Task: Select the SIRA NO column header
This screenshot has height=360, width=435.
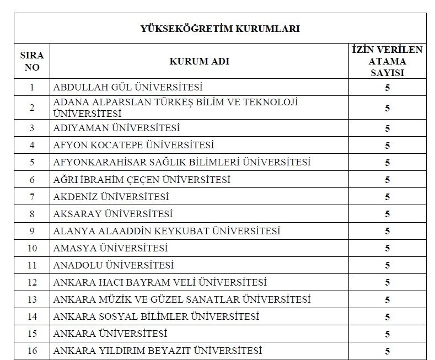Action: click(x=32, y=62)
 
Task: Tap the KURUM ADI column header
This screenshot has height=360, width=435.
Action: click(x=199, y=62)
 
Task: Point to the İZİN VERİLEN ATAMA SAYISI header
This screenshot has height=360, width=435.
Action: click(x=387, y=61)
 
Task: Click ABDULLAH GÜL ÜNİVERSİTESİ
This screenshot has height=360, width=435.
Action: click(x=127, y=87)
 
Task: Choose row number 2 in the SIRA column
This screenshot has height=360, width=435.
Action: click(x=32, y=108)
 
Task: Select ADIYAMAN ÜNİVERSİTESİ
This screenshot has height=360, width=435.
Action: click(x=116, y=128)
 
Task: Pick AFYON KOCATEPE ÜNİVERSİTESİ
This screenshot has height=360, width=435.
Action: click(x=133, y=146)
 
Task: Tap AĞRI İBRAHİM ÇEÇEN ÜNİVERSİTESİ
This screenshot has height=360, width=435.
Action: click(x=142, y=180)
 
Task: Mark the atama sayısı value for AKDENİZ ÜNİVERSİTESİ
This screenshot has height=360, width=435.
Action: click(x=387, y=197)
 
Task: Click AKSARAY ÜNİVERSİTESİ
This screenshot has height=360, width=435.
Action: click(x=112, y=214)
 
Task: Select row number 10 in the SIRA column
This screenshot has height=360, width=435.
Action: click(x=32, y=248)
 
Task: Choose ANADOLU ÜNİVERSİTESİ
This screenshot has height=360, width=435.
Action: click(x=113, y=265)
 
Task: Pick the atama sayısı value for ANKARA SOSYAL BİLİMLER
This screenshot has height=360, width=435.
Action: click(x=387, y=316)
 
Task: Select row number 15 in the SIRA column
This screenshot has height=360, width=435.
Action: click(x=32, y=334)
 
